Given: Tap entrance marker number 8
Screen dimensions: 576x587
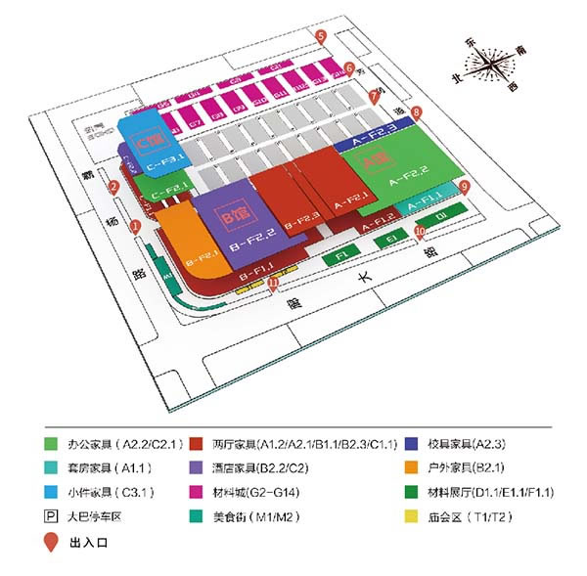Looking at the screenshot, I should pyautogui.click(x=417, y=112).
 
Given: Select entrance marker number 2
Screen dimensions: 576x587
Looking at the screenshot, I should pyautogui.click(x=114, y=189).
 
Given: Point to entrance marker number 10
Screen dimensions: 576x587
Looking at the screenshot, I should pyautogui.click(x=420, y=233).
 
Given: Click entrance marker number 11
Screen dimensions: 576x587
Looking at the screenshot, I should pyautogui.click(x=273, y=283).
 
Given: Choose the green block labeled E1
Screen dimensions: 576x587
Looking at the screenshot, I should pyautogui.click(x=390, y=238).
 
